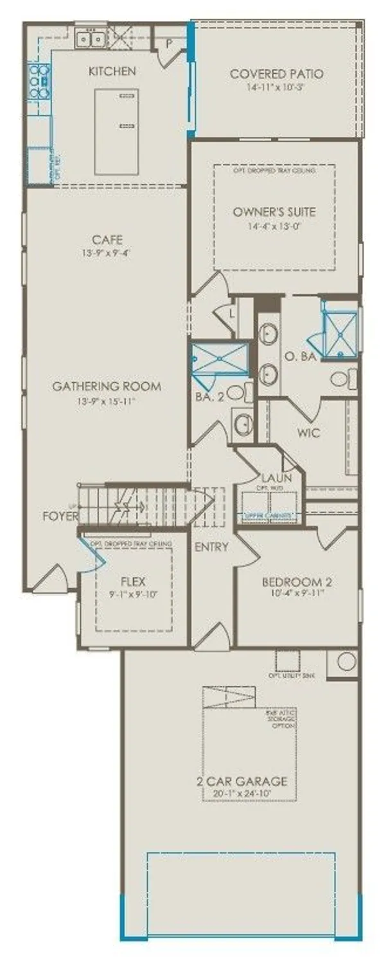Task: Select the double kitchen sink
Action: (91, 40)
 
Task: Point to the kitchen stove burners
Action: (39, 81)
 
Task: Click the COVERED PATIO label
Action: (276, 74)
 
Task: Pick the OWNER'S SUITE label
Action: (274, 212)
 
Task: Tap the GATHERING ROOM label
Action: (107, 387)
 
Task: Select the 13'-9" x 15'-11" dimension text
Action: (107, 401)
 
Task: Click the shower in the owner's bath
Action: (341, 332)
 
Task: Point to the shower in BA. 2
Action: (220, 359)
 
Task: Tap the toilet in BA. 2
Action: (236, 392)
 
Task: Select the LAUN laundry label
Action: (277, 477)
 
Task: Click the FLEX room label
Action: (133, 582)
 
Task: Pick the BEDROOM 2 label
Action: (297, 582)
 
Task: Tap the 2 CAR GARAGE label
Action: (242, 781)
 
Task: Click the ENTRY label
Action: (211, 547)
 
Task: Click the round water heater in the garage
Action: (346, 662)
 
